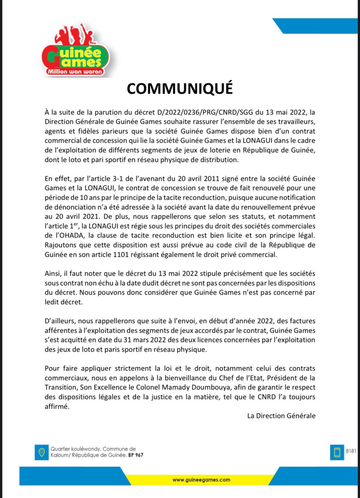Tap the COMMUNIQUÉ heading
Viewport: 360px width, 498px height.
coord(180,89)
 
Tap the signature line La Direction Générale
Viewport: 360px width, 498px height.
coord(281,416)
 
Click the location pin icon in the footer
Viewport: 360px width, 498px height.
coord(40,452)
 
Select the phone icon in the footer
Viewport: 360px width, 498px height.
coord(337,452)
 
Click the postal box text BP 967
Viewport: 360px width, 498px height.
coord(136,455)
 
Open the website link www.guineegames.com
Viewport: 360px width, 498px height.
coord(201,480)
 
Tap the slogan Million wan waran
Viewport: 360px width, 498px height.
coord(74,72)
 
